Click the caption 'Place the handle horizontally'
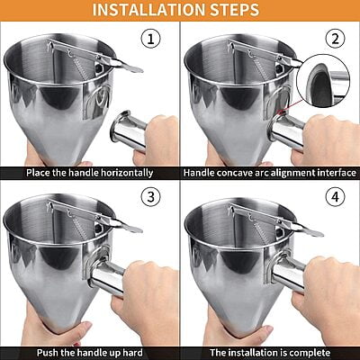[x=89, y=172]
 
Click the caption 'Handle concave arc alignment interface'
[x=268, y=172]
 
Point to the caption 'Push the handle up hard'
[x=88, y=352]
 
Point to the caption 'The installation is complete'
[x=268, y=352]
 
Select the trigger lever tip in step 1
[x=132, y=67]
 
